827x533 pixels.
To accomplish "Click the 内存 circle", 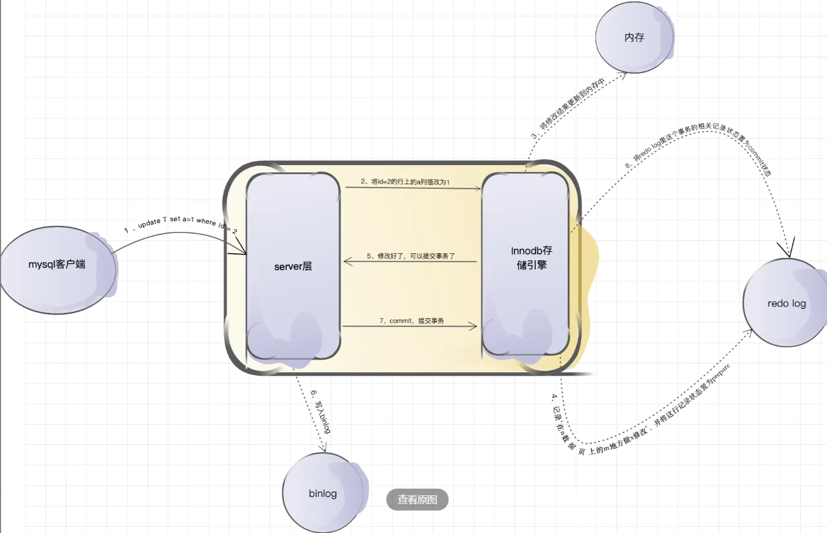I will pos(634,38).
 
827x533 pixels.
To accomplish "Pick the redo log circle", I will pos(787,303).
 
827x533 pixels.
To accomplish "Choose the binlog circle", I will pos(323,493).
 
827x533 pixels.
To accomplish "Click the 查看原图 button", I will pos(417,499).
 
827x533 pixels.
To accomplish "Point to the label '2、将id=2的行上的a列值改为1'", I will pos(405,181).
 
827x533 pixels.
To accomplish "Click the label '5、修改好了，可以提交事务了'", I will pos(410,256).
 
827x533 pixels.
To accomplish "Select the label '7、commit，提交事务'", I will pos(411,321).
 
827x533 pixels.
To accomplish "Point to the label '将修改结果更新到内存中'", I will pos(572,103).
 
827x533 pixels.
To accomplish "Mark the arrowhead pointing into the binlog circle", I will pos(323,448).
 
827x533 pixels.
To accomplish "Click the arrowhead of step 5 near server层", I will pos(348,261).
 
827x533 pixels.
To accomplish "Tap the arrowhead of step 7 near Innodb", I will pos(472,326).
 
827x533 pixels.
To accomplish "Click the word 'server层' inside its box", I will pos(293,267).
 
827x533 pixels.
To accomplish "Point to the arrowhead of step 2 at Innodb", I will pos(477,189).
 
